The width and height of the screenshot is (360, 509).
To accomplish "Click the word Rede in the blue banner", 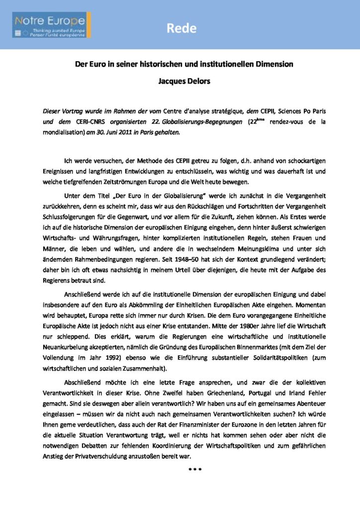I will [180, 28].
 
